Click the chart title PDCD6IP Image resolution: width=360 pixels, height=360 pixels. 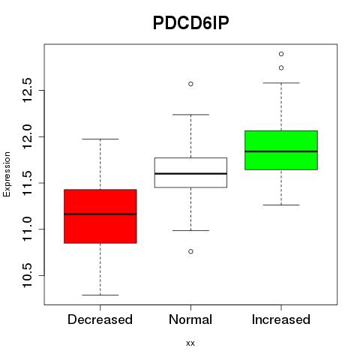(x=190, y=23)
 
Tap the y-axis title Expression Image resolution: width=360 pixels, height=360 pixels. (x=7, y=174)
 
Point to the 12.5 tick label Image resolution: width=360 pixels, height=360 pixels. (x=27, y=90)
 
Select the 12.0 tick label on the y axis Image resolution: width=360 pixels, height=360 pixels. (x=27, y=136)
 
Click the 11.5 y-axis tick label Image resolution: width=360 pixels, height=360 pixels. (x=27, y=183)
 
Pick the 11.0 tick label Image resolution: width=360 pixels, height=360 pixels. (x=27, y=229)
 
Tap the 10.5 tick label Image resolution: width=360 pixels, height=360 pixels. (x=27, y=275)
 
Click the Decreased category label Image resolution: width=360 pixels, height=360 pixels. (x=100, y=319)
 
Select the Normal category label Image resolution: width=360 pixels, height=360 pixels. (x=190, y=319)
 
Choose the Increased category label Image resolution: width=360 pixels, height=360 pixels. (x=281, y=319)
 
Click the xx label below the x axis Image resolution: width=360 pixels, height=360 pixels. (x=190, y=343)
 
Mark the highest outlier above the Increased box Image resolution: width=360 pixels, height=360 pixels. (x=281, y=54)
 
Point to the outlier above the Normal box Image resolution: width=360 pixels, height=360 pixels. (x=190, y=84)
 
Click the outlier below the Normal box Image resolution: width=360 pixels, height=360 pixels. (x=190, y=251)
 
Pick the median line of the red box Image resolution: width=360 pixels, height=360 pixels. (x=100, y=214)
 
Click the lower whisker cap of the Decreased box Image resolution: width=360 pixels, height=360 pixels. (x=100, y=295)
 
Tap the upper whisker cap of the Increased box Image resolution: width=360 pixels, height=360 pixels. (x=281, y=82)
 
